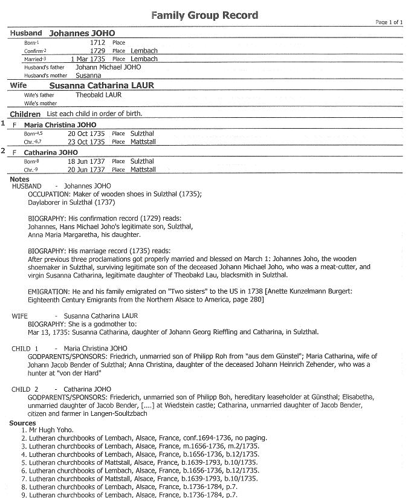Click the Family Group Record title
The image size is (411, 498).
click(x=204, y=15)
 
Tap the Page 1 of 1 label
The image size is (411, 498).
click(x=389, y=22)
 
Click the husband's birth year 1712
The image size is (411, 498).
click(x=97, y=43)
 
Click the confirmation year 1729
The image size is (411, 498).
click(x=97, y=51)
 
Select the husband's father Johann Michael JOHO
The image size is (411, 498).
click(x=108, y=67)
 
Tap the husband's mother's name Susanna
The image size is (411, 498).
click(x=88, y=76)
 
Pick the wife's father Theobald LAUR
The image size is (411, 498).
click(x=99, y=95)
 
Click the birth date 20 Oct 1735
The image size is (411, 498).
click(x=86, y=134)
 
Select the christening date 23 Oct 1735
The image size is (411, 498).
click(x=86, y=142)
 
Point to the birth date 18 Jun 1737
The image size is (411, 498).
click(x=86, y=161)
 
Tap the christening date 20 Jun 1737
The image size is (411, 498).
click(x=86, y=170)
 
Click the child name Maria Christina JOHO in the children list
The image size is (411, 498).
click(x=60, y=124)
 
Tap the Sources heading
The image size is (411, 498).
click(x=22, y=423)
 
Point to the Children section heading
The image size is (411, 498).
click(x=25, y=114)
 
